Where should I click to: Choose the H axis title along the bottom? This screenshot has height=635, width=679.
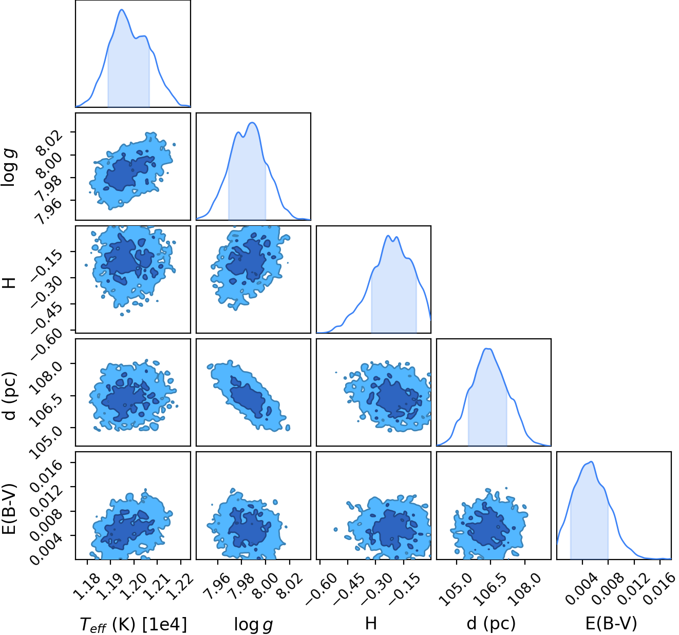[x=371, y=623]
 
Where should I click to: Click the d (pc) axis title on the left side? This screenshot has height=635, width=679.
[x=10, y=396]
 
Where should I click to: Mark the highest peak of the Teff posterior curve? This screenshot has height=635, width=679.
[x=122, y=10]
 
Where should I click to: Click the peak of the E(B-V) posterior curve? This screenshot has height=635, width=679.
[x=591, y=462]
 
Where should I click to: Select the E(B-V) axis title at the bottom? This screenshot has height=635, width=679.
[x=611, y=623]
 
